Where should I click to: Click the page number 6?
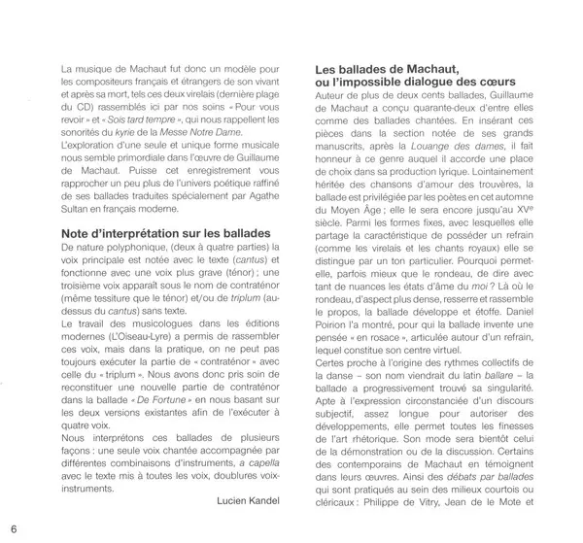coord(14,527)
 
